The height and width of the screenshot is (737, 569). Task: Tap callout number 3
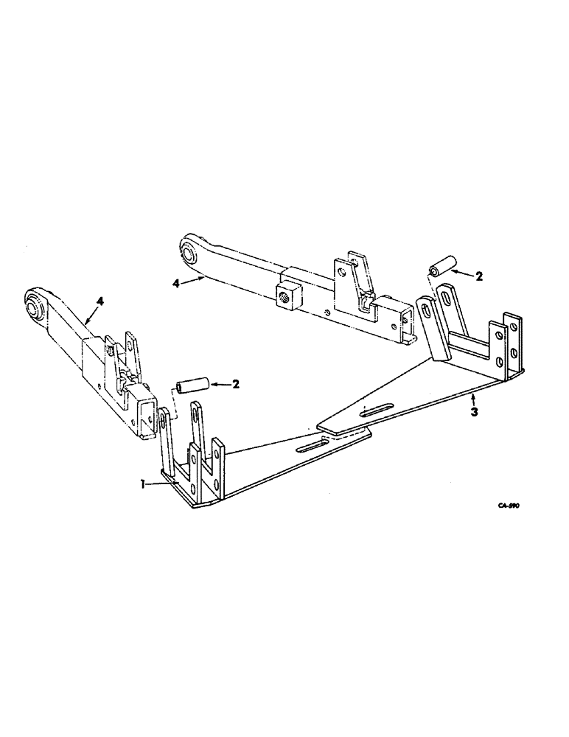coord(474,411)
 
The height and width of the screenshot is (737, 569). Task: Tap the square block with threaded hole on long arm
coord(285,279)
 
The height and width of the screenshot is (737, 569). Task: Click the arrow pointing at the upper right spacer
coord(460,273)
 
